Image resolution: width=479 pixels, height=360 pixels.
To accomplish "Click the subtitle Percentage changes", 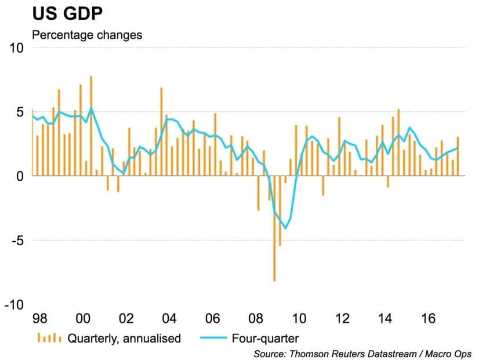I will coord(86,35).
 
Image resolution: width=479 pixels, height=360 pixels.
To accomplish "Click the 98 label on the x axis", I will coord(39,319).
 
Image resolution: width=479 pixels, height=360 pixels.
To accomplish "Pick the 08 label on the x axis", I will coord(256,319).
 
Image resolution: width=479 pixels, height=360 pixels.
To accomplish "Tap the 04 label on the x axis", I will coord(169,319).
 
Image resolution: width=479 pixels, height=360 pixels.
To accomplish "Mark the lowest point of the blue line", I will coord(285,228).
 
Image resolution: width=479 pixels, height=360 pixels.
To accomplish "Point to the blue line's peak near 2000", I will coord(91,108).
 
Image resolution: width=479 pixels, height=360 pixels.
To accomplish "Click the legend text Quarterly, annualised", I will coord(124,338).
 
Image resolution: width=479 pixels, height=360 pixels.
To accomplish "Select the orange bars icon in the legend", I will coord(49,338).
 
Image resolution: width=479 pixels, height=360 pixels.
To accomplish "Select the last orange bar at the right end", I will coord(458,155).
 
